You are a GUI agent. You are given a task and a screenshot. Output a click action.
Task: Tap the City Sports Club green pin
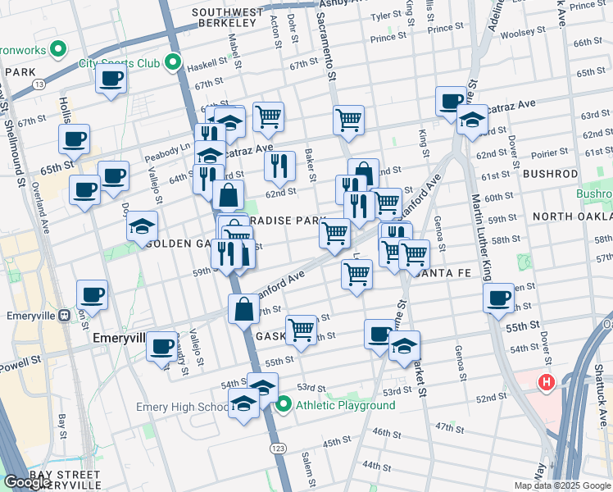pos(172,62)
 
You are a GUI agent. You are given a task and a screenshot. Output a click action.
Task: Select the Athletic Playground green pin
pos(284,404)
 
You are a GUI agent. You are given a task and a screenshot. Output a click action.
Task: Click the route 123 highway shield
pos(277,449)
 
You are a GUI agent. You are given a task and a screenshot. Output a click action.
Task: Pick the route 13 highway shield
pos(39,84)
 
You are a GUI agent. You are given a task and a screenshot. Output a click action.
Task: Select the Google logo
pos(27,482)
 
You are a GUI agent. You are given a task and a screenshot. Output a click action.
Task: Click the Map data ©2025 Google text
pos(561,485)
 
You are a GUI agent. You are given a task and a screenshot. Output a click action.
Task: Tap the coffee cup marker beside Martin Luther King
pos(498,298)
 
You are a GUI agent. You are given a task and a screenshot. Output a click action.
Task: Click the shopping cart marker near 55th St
pos(302,330)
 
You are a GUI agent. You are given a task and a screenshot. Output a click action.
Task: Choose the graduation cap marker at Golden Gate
pos(142,225)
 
